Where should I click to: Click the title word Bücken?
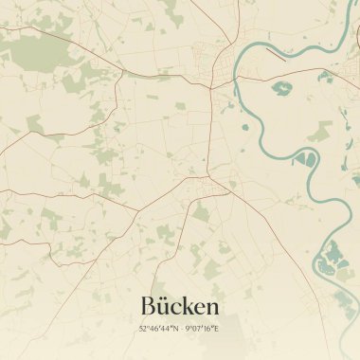point(180,306)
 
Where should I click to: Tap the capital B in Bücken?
point(149,306)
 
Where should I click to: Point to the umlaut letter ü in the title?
point(165,306)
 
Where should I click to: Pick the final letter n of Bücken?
point(213,308)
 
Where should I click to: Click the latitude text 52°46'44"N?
point(157,329)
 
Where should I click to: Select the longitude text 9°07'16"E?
point(202,329)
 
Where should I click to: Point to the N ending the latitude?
point(173,329)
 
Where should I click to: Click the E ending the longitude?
point(217,329)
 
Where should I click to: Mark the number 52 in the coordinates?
point(143,329)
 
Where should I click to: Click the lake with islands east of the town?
point(282,90)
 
